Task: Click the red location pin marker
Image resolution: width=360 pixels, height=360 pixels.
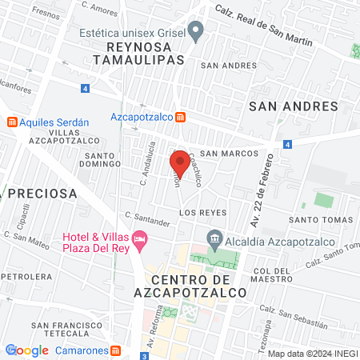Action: [180, 162]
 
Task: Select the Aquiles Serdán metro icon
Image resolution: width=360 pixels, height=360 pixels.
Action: [11, 122]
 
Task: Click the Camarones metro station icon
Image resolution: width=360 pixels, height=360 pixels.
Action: [116, 350]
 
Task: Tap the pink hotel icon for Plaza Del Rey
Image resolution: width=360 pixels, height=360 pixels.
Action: [140, 238]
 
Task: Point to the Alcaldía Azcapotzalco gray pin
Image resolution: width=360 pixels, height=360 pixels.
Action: [214, 238]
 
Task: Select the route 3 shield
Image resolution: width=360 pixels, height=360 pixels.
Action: [145, 354]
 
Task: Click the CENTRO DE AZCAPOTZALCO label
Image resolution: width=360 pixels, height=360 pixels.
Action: [190, 287]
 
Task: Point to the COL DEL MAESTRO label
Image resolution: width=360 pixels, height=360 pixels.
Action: [274, 276]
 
